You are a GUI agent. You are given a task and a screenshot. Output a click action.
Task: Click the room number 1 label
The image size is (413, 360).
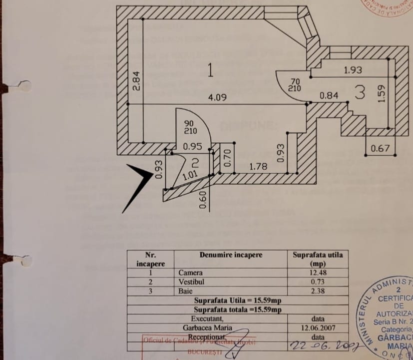coord(210,71)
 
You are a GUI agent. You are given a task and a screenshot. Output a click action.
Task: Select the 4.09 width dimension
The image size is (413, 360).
coord(217,98)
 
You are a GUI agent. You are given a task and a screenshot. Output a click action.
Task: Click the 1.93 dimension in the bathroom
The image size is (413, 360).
coord(353,70)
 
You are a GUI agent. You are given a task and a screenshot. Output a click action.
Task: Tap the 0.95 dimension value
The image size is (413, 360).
coord(192,147)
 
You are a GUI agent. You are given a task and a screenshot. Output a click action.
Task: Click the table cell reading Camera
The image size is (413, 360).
coord(190,273)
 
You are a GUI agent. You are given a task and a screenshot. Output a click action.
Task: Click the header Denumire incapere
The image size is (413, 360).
coord(231,255)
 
